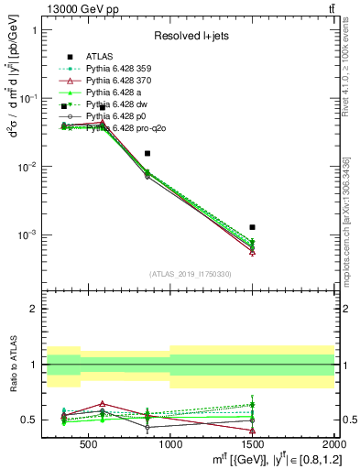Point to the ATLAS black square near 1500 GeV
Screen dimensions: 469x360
point(252,227)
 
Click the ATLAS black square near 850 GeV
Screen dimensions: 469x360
point(147,154)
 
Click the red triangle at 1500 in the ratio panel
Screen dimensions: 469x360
point(252,431)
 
